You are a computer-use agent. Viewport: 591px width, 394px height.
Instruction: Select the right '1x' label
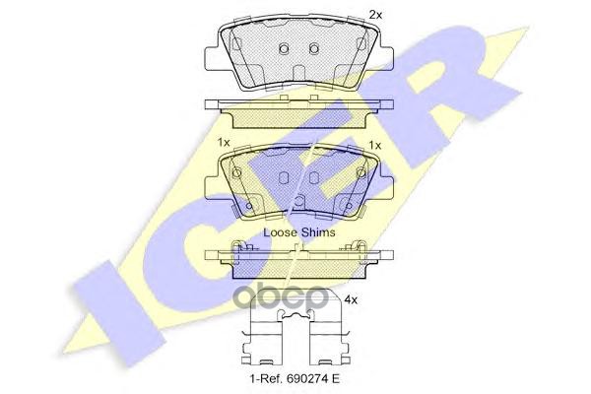tap(373, 144)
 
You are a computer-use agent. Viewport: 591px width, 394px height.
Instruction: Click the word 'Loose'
tap(282, 232)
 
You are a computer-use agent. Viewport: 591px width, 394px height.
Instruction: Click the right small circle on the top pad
tap(314, 49)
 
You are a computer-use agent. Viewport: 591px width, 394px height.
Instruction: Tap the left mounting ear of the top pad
tap(217, 54)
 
